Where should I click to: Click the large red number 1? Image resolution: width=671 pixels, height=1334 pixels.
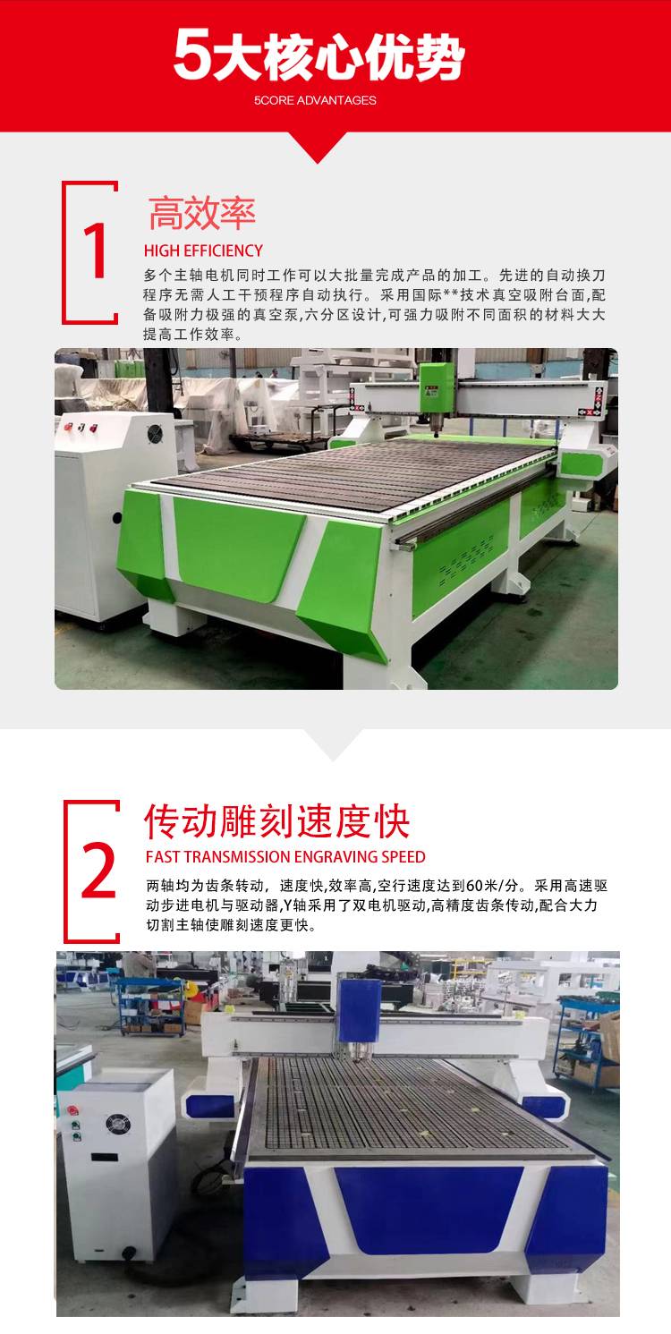[x=95, y=251]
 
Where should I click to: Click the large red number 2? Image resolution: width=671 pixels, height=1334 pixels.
[x=98, y=871]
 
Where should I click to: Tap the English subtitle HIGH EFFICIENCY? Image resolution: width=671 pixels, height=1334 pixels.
[x=203, y=251]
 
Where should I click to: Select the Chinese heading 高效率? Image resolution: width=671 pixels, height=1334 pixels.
[x=202, y=213]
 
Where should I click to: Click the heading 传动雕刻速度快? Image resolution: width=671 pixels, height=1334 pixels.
[x=277, y=822]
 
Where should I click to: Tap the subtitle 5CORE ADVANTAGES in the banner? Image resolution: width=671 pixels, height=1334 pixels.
[x=315, y=100]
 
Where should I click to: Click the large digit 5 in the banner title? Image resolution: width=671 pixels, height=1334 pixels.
[x=191, y=55]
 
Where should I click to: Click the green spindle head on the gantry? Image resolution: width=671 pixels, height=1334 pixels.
[x=437, y=389]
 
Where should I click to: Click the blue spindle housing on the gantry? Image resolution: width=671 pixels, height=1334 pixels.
[x=359, y=1012]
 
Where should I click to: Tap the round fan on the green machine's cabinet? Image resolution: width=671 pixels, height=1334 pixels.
[x=155, y=433]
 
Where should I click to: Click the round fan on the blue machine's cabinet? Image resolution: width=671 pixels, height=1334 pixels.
[x=118, y=1125]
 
